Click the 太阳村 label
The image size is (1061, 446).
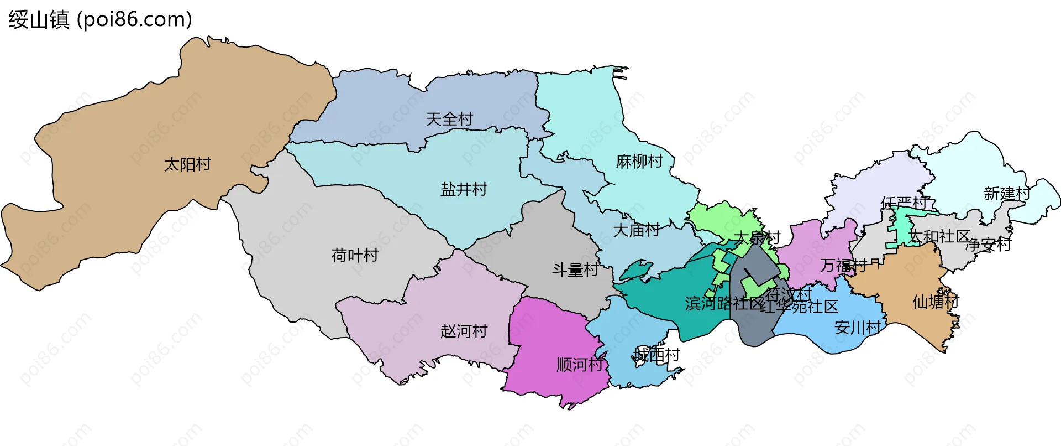pos(187,164)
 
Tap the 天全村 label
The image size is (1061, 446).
pos(449,119)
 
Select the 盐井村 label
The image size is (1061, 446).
pos(464,190)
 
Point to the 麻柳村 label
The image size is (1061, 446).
pos(639,162)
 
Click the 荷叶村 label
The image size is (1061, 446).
pos(355,255)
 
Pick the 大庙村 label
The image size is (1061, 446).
pos(636,230)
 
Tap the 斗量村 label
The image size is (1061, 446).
pos(575,270)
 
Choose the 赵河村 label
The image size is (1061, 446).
pos(464,331)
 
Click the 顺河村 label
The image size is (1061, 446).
pos(580,365)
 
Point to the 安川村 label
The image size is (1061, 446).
pos(858,328)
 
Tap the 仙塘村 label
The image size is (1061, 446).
pos(936,302)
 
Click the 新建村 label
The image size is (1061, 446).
pos(1007,194)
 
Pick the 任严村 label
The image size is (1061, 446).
pos(904,203)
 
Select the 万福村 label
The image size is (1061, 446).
pos(843,266)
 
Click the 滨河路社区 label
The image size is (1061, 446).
pos(724,303)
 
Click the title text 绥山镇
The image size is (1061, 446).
pos(39,19)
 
